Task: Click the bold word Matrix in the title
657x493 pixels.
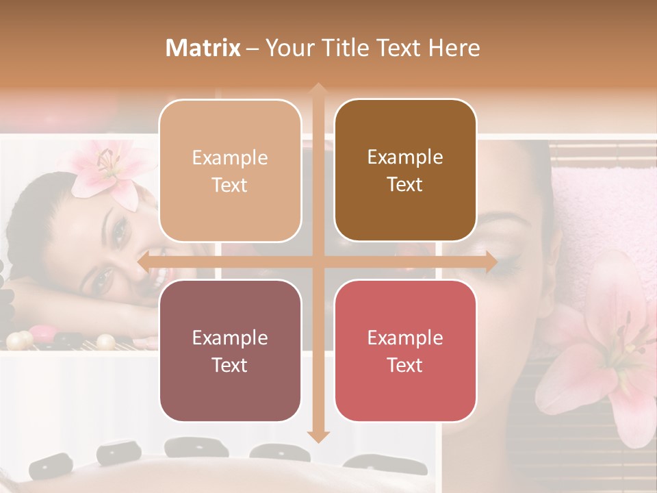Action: pos(203,48)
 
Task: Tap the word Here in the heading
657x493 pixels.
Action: pos(454,48)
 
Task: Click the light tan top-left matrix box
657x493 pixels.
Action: pos(230,170)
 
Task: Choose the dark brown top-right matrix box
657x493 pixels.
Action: pos(405,170)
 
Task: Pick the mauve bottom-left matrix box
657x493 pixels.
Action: pos(230,351)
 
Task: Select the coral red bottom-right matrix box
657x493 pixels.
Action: pos(405,351)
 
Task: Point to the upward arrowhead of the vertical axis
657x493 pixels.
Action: pos(318,90)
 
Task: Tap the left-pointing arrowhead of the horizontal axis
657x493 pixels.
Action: pos(144,262)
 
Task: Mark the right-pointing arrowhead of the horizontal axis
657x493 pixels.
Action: pos(490,262)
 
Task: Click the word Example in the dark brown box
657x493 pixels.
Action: pos(405,157)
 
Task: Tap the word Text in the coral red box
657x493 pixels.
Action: pos(405,365)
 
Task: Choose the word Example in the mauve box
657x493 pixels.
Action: pos(230,338)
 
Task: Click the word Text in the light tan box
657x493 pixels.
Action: pos(230,185)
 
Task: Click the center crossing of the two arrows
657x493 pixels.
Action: pos(318,262)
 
